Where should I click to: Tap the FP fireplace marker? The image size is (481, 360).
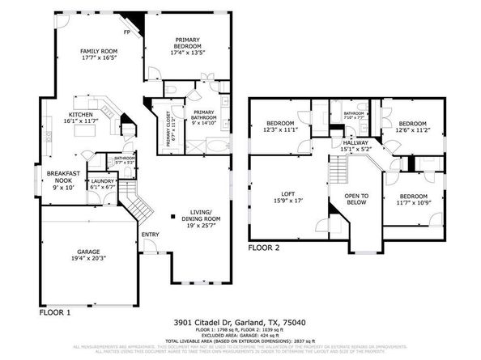127,33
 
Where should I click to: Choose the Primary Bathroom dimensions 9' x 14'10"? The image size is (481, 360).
204,123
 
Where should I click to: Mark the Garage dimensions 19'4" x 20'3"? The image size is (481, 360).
89,259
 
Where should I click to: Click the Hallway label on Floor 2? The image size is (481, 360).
355,143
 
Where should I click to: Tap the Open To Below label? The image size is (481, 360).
356,199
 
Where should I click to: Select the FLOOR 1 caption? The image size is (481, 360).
56,311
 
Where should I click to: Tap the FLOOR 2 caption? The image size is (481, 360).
263,247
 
